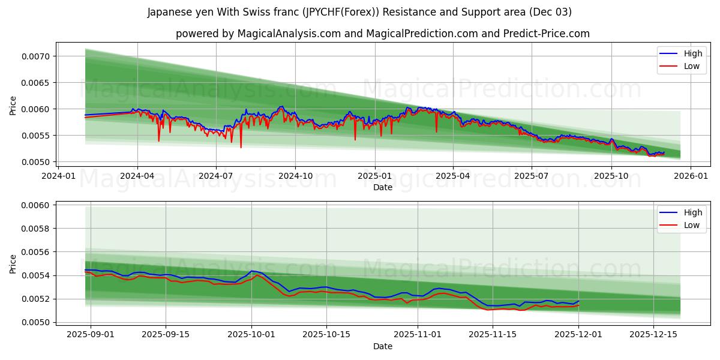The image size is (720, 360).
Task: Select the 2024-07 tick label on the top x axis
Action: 216,176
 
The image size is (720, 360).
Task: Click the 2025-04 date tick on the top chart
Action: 452,176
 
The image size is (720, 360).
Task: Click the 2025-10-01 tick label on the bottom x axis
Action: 251,335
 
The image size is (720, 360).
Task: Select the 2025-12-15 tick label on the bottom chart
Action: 653,335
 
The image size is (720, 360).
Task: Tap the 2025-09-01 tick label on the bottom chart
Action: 91,335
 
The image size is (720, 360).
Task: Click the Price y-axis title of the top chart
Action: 13,106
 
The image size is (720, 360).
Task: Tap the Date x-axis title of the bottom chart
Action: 383,346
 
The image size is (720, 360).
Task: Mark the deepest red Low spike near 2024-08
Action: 241,147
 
